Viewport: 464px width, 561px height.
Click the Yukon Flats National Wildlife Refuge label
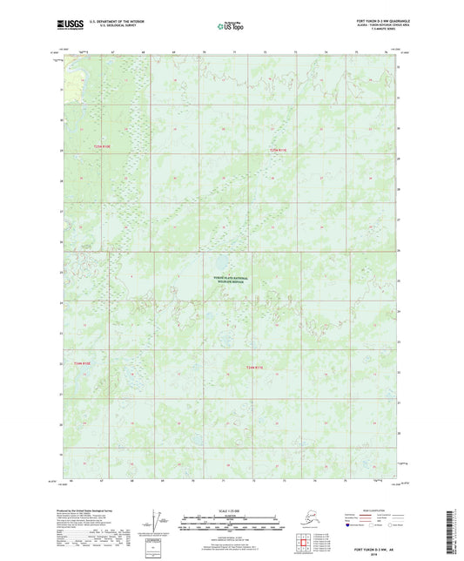(x=231, y=280)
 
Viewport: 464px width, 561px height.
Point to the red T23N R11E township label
(x=278, y=150)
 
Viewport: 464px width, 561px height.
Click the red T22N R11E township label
(x=253, y=367)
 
